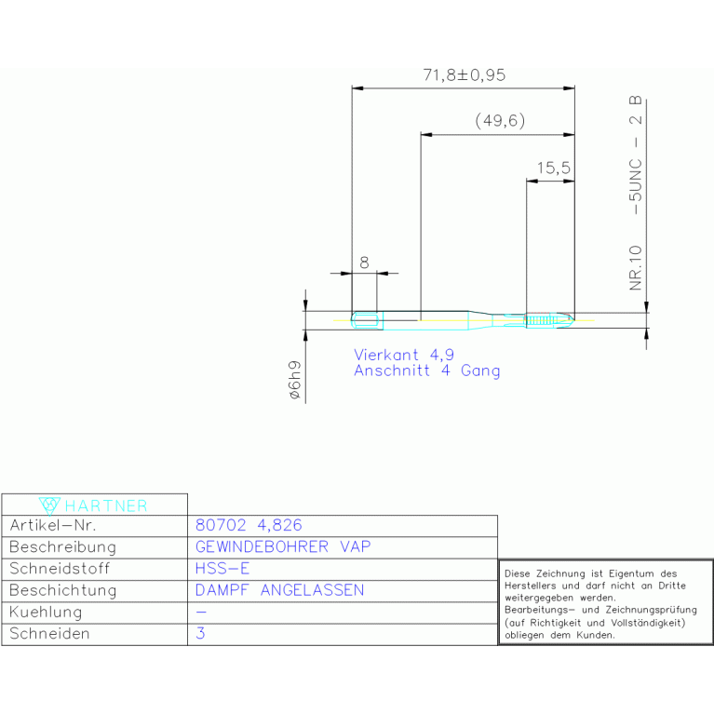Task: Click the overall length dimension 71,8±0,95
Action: [x=464, y=75]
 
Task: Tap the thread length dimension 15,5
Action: [x=553, y=168]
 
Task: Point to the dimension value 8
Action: [x=364, y=263]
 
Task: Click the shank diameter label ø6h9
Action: [x=295, y=380]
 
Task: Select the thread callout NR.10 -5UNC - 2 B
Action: [x=635, y=193]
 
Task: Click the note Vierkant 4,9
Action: [x=404, y=355]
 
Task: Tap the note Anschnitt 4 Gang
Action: [x=427, y=370]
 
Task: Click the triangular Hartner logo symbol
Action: [x=49, y=505]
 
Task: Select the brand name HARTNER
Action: [x=106, y=505]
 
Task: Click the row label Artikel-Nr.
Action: [x=53, y=525]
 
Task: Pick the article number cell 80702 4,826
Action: [x=249, y=525]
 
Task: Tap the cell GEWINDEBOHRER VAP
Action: [x=283, y=546]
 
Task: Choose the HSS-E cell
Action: [x=222, y=568]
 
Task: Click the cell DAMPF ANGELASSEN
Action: [x=279, y=590]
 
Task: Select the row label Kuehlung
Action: [x=46, y=613]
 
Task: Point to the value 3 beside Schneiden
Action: [x=200, y=633]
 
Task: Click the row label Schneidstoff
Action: [x=60, y=569]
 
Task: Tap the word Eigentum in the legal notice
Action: [x=631, y=573]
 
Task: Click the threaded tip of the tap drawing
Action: [x=550, y=320]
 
